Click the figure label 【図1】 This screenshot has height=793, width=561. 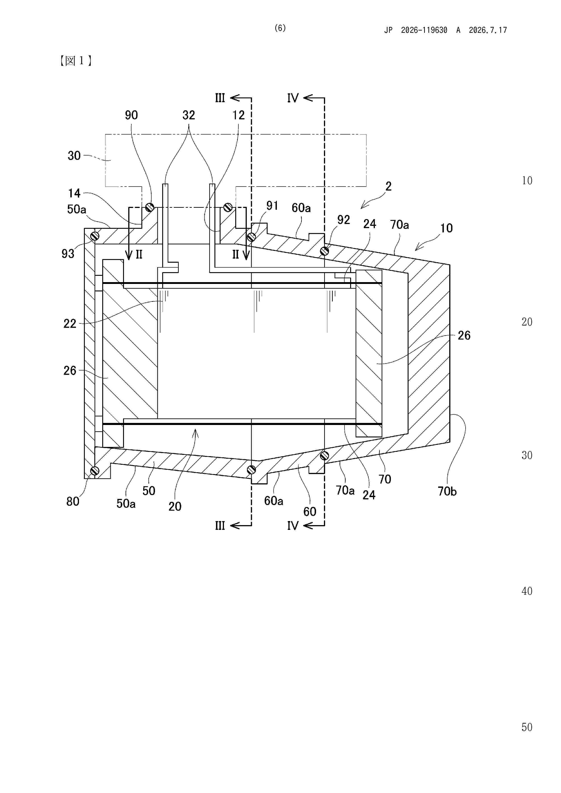pyautogui.click(x=75, y=61)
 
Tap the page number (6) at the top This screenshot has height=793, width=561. pyautogui.click(x=280, y=28)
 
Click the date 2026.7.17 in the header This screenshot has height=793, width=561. pyautogui.click(x=488, y=30)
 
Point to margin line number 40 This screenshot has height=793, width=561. pyautogui.click(x=527, y=591)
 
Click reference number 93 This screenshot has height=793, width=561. pyautogui.click(x=68, y=254)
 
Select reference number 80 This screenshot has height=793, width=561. pyautogui.click(x=73, y=501)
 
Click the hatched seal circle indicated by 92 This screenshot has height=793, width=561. pyautogui.click(x=324, y=251)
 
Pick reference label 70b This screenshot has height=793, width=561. pyautogui.click(x=447, y=491)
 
